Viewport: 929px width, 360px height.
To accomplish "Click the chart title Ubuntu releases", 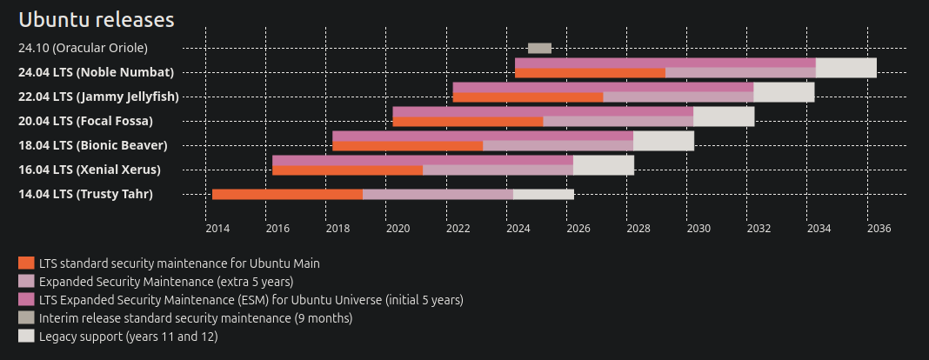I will click(97, 20).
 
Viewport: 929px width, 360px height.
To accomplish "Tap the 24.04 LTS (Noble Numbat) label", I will click(96, 72).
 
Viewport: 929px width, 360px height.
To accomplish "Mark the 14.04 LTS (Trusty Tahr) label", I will click(85, 194).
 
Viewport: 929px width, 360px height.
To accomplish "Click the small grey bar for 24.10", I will click(539, 48).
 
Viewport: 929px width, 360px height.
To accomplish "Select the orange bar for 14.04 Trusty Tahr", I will click(287, 194).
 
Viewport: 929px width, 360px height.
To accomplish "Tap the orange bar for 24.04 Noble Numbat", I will click(590, 73).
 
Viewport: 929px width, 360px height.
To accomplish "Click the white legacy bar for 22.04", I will click(784, 91).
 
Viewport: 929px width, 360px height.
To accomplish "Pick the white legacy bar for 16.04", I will click(604, 164).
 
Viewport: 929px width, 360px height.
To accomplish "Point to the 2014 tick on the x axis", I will click(217, 229).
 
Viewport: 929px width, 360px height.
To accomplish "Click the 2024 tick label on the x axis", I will click(518, 229).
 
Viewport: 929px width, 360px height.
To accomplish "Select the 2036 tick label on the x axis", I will click(879, 229).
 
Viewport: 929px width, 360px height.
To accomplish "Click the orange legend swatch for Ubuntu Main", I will click(26, 262).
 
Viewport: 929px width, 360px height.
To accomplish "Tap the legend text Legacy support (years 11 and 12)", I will click(128, 337).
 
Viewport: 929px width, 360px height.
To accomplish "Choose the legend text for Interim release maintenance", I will click(196, 318).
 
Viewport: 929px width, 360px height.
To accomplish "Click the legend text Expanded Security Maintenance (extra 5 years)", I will click(166, 281).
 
